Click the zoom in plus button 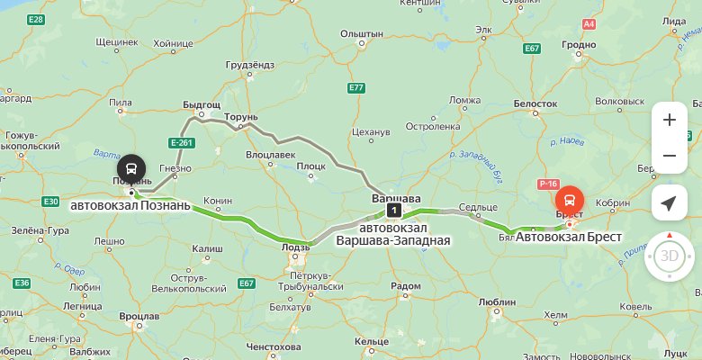click(669, 120)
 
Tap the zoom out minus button click(669, 156)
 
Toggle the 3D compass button click(669, 255)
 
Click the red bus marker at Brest click(569, 200)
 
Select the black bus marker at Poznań click(131, 168)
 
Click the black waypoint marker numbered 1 click(392, 210)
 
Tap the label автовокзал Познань click(130, 205)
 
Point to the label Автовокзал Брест click(569, 238)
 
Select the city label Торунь click(241, 117)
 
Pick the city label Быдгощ click(201, 105)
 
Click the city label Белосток click(535, 104)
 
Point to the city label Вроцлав click(139, 317)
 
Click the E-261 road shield click(182, 142)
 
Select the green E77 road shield click(356, 87)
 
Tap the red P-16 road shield click(549, 184)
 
